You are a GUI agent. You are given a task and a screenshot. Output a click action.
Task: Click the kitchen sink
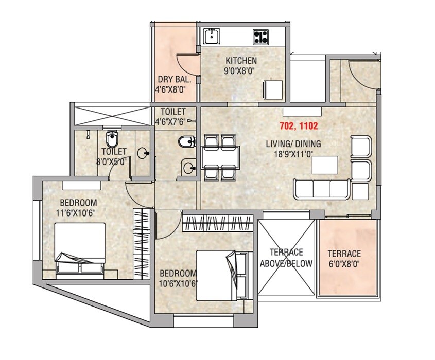click(x=212, y=36)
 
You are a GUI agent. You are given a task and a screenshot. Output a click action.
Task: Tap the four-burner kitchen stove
click(x=260, y=37)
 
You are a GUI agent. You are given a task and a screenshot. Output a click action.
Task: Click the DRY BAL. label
click(x=174, y=80)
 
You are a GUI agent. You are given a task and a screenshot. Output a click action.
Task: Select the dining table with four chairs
click(x=221, y=157)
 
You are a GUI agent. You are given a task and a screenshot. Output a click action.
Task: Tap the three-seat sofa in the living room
click(x=323, y=189)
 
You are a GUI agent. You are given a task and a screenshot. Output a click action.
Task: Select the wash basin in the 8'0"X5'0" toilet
click(x=143, y=153)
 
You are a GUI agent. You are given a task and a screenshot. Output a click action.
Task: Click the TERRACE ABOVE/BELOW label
click(x=286, y=258)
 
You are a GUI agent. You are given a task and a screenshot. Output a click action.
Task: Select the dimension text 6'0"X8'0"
click(x=344, y=264)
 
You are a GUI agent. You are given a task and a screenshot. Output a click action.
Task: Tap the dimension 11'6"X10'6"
click(x=78, y=212)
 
